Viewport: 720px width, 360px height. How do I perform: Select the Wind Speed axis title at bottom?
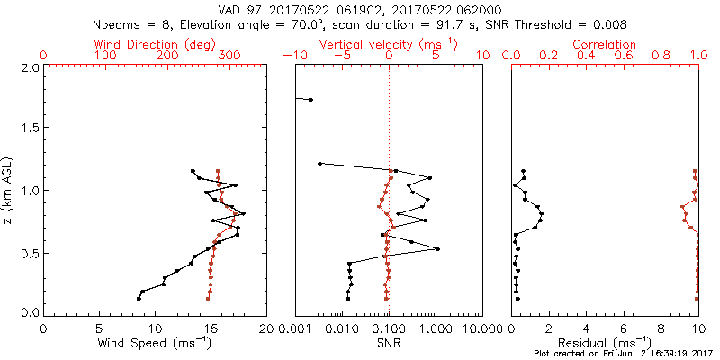(x=156, y=343)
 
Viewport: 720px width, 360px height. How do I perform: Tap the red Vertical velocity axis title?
(x=389, y=44)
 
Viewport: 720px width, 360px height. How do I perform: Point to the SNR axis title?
(x=389, y=343)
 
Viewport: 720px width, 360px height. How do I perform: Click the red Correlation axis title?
(x=605, y=44)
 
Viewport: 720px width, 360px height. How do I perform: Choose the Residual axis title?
(x=605, y=343)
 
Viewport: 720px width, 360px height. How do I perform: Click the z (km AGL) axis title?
(x=9, y=189)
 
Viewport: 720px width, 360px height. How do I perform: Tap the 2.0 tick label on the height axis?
(x=29, y=67)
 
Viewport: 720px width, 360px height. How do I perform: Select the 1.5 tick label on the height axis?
(x=29, y=129)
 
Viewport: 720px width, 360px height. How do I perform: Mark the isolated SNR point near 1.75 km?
(x=310, y=99)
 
